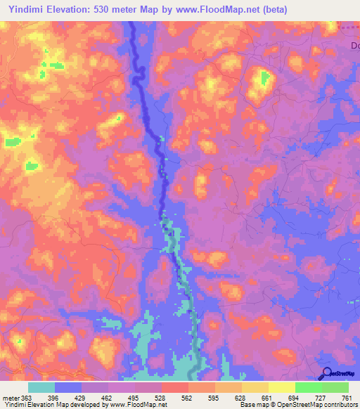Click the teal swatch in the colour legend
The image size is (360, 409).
point(41,388)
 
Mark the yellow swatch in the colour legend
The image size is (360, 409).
point(281,388)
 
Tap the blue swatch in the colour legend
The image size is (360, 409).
point(68,388)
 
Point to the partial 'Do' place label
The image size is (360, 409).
point(354,46)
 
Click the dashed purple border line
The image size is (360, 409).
point(348,27)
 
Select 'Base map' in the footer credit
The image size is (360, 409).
point(254,405)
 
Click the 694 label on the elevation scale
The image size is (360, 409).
point(295,398)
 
